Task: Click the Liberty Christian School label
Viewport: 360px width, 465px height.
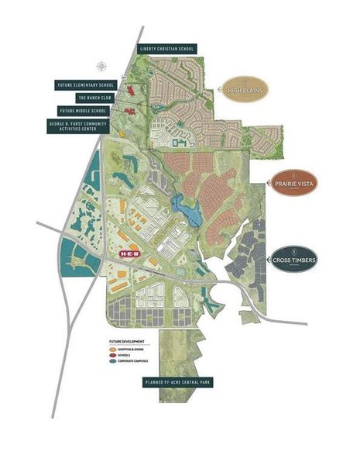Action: (167, 48)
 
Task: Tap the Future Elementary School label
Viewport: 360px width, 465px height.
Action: (85, 84)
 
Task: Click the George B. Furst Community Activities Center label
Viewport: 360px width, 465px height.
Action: (87, 126)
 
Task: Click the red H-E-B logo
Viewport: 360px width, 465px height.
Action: (128, 253)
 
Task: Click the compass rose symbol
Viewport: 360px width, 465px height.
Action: (100, 67)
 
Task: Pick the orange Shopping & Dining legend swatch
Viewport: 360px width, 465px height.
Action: (113, 350)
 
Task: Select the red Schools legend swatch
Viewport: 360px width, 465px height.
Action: (113, 356)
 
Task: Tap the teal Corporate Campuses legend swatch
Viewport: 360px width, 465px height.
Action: (113, 363)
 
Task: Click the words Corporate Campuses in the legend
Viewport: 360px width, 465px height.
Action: (134, 363)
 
